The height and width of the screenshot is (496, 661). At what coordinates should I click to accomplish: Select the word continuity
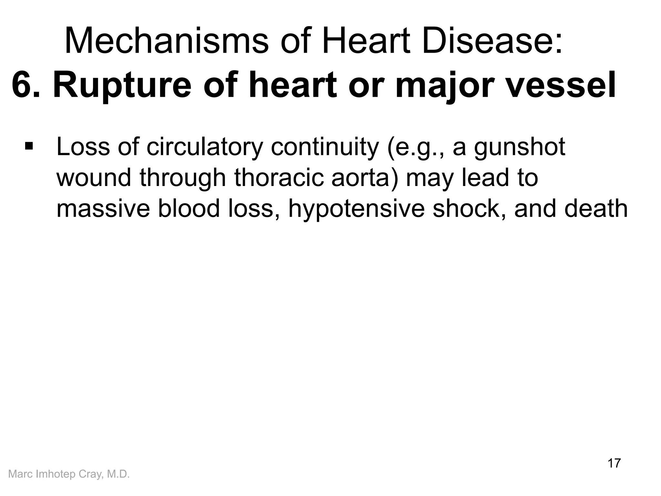pyautogui.click(x=324, y=147)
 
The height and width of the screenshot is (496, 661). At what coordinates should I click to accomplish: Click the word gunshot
pyautogui.click(x=520, y=147)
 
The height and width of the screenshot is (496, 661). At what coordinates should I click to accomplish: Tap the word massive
pyautogui.click(x=103, y=209)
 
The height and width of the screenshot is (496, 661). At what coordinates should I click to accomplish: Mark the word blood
pyautogui.click(x=189, y=209)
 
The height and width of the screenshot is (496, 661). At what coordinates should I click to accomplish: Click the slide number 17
pyautogui.click(x=614, y=463)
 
